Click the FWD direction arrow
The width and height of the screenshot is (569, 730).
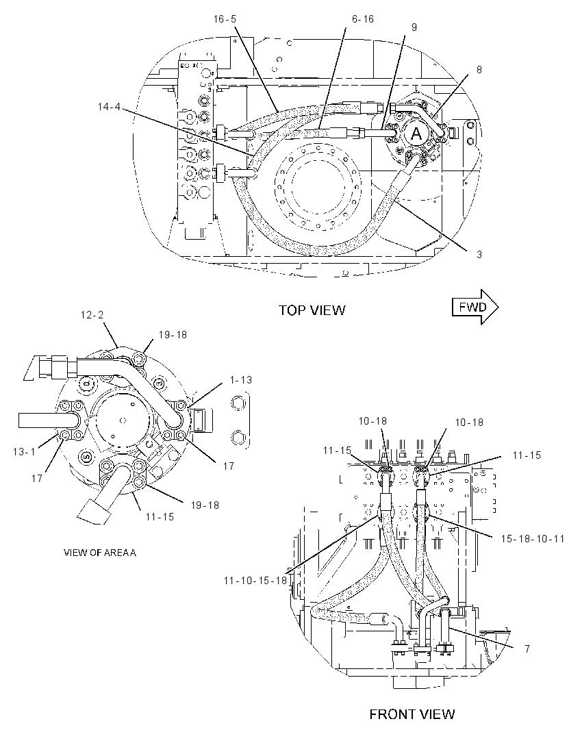(x=475, y=307)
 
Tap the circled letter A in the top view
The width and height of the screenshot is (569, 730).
(x=416, y=134)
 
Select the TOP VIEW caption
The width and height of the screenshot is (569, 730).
(x=312, y=310)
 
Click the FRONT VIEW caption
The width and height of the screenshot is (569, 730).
(x=412, y=714)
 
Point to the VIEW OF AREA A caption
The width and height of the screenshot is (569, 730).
(x=100, y=553)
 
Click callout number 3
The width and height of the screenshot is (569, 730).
(x=479, y=254)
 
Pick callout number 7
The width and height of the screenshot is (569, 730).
(x=527, y=648)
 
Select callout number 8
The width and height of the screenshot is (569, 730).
(x=479, y=69)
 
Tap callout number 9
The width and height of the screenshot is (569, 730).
(x=414, y=27)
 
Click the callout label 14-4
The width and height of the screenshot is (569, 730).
(x=109, y=107)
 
